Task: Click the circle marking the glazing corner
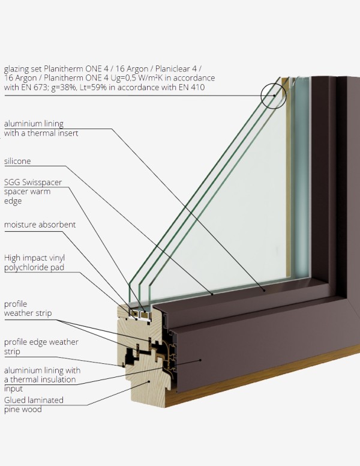pyautogui.click(x=274, y=95)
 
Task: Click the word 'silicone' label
pyautogui.click(x=17, y=162)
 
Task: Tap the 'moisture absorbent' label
pyautogui.click(x=40, y=225)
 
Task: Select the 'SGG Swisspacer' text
pyautogui.click(x=33, y=182)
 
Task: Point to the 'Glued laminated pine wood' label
pyautogui.click(x=34, y=404)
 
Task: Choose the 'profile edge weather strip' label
pyautogui.click(x=41, y=346)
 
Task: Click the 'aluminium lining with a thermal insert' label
pyautogui.click(x=41, y=129)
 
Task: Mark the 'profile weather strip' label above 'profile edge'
pyautogui.click(x=28, y=309)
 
